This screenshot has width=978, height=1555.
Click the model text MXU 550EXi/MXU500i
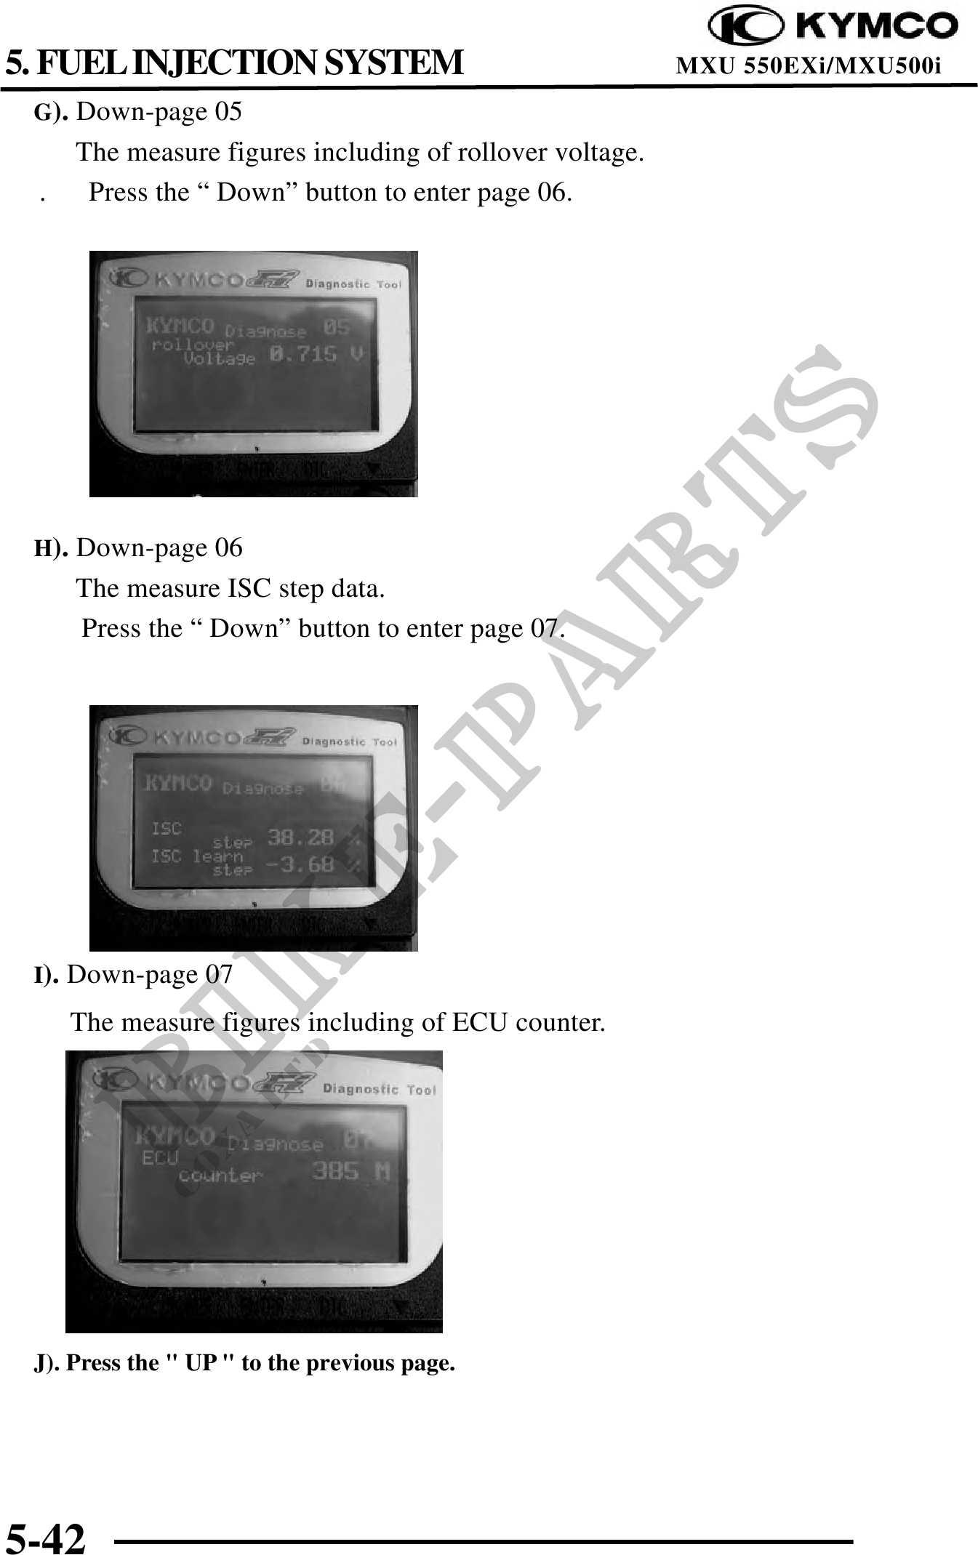pyautogui.click(x=808, y=66)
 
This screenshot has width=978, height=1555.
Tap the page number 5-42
pyautogui.click(x=46, y=1536)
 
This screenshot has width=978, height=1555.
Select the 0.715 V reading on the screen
pyautogui.click(x=316, y=355)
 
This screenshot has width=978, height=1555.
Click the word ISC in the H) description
pyautogui.click(x=249, y=588)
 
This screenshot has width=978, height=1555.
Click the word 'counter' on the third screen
pyautogui.click(x=220, y=1175)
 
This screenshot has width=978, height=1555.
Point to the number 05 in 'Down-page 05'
pyautogui.click(x=228, y=112)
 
